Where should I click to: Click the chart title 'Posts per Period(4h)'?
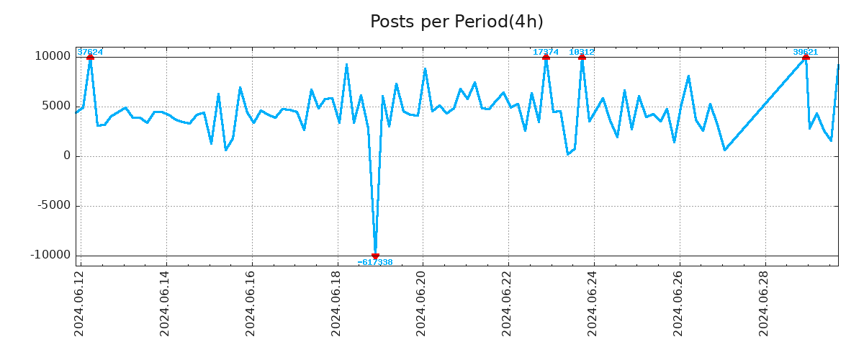click(456, 22)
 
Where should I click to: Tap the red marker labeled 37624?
click(90, 57)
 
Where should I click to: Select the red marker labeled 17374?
click(546, 57)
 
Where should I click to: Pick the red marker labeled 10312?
click(582, 57)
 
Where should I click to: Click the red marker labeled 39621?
click(806, 57)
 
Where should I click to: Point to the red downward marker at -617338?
click(375, 256)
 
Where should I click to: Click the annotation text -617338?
click(375, 263)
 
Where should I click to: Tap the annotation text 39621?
click(805, 52)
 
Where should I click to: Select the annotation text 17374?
click(545, 52)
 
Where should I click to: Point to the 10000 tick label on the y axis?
click(54, 56)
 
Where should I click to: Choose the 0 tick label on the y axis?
click(67, 156)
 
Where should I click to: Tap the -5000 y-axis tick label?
click(55, 205)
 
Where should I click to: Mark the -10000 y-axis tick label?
click(52, 255)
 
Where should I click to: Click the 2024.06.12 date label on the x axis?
click(80, 303)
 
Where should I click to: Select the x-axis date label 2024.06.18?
click(336, 303)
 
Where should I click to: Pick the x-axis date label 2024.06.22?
click(508, 303)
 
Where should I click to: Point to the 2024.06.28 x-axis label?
click(764, 303)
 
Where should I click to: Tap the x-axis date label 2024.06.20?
click(422, 303)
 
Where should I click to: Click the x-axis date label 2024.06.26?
click(678, 303)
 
